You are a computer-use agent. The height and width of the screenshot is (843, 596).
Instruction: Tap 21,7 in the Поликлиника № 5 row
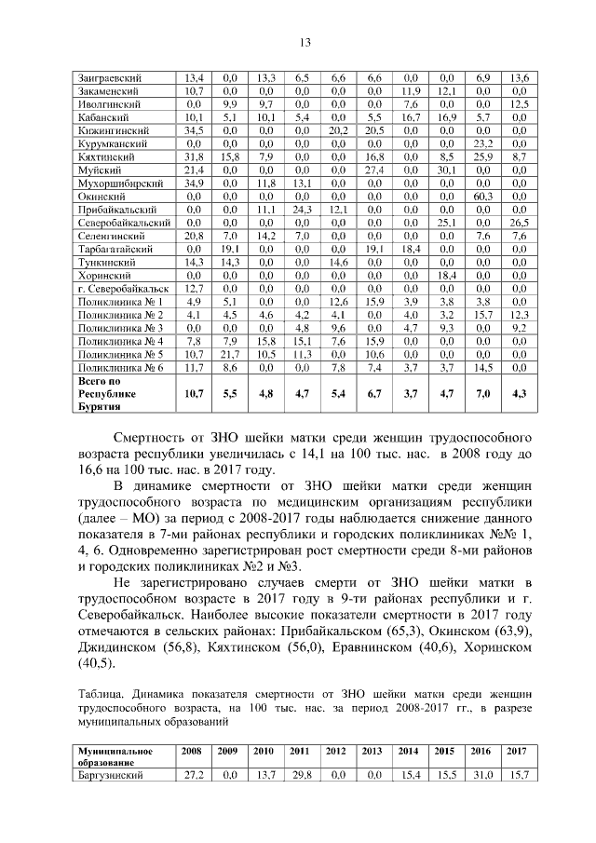tap(231, 355)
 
